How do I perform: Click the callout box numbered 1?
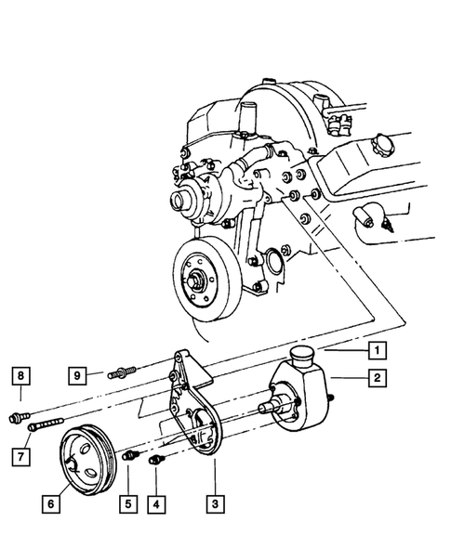(x=376, y=350)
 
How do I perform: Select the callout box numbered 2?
(x=376, y=377)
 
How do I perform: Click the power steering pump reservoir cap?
(x=307, y=355)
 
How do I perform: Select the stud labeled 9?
(x=120, y=375)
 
